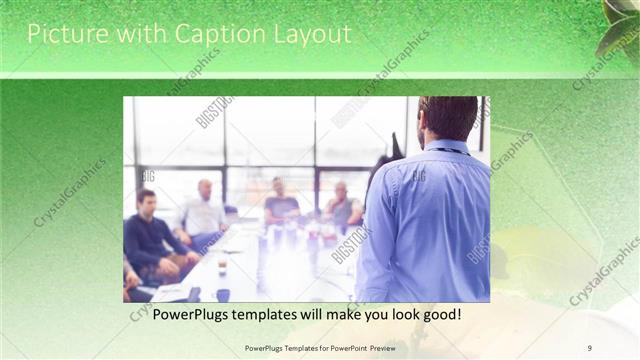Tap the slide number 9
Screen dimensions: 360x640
[x=590, y=348]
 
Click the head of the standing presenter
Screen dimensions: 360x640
[x=447, y=118]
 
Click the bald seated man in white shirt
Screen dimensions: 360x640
[x=204, y=212]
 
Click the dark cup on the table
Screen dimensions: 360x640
[x=223, y=295]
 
